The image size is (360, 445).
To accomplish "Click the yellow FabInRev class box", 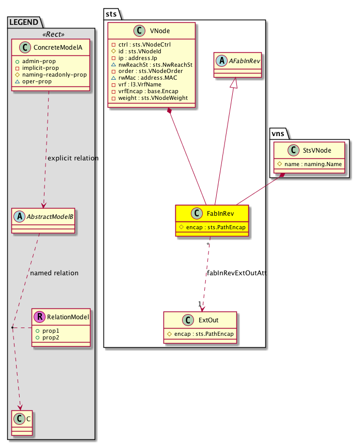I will (212, 220).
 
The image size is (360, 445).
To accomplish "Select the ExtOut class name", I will (207, 321).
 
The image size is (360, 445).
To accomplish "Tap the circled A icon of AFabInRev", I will (222, 61).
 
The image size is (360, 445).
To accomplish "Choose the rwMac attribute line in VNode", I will (141, 78).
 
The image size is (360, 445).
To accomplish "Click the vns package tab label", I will (278, 133).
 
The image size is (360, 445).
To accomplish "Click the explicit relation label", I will (72, 158).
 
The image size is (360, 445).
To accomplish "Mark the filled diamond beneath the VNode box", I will (170, 111).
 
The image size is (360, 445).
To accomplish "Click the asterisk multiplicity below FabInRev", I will (207, 244).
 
